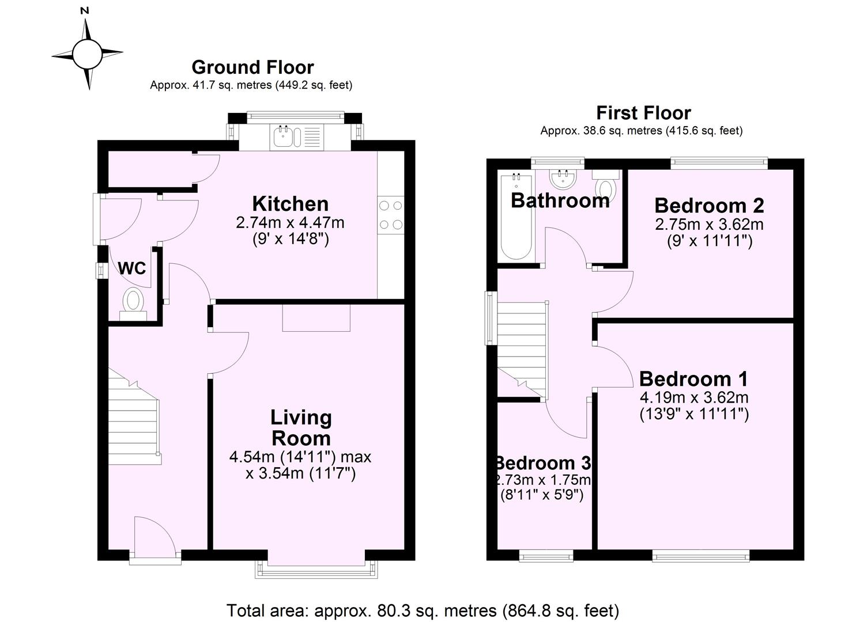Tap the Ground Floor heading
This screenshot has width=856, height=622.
click(252, 67)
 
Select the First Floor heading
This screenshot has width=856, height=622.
click(643, 113)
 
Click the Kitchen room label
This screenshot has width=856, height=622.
click(291, 204)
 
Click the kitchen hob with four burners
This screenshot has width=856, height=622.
click(390, 215)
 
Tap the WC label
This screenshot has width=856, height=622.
click(132, 268)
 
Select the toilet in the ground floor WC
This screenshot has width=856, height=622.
click(134, 302)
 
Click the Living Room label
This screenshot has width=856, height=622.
click(301, 428)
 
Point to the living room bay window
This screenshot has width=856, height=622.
click(316, 568)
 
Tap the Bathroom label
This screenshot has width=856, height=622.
click(560, 200)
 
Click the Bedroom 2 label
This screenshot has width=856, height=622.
click(709, 206)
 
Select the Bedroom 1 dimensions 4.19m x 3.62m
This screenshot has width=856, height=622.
click(694, 397)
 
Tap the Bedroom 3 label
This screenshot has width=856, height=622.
click(544, 463)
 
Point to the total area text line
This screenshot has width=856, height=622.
click(423, 610)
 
